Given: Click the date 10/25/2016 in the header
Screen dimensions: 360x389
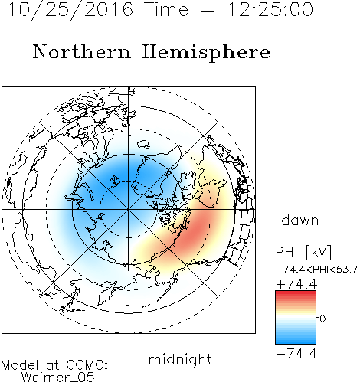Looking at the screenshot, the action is point(70,9).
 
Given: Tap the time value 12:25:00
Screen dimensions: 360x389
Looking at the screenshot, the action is point(270,9).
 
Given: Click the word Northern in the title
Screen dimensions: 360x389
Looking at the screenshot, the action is point(82,51).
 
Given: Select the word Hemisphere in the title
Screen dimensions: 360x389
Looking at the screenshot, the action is point(206,52).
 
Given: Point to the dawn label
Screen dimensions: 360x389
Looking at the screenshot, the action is point(300,220).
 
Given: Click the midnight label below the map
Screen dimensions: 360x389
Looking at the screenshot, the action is point(180,359).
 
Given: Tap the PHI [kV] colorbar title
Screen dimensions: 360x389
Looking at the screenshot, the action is point(303,252).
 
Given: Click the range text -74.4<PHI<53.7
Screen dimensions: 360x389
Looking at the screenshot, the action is point(316,270).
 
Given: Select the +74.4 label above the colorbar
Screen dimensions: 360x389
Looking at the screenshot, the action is point(297,284).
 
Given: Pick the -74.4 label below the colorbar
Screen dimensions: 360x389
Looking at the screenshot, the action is point(297,354).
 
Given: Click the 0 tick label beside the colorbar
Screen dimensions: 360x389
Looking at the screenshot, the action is point(322,319).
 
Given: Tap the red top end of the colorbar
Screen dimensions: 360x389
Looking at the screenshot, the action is point(296,293).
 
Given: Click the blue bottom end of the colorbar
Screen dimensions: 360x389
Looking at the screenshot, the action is point(296,342).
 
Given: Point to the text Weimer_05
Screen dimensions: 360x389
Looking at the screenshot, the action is point(58,378).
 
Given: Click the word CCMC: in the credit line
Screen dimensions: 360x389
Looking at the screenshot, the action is point(87,365).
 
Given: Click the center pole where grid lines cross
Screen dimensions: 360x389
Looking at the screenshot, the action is point(129,210).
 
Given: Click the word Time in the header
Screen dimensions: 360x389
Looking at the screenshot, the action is point(166,9).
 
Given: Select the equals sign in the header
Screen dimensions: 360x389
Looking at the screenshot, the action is point(208,10).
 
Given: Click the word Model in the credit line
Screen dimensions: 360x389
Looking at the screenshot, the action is point(20,365).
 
